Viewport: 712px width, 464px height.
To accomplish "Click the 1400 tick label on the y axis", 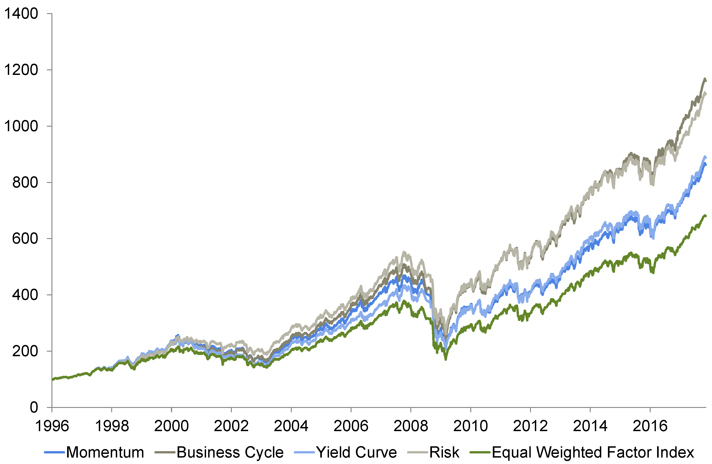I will tap(21, 14).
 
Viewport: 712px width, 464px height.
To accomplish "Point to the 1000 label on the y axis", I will tap(21, 126).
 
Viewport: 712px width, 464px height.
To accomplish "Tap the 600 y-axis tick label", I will tap(25, 239).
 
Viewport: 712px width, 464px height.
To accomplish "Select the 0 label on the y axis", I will tap(34, 407).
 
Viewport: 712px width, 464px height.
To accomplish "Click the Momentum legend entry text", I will tap(105, 452).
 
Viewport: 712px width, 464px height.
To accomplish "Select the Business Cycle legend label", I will tap(230, 452).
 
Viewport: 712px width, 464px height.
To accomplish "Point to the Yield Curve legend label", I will tap(357, 452).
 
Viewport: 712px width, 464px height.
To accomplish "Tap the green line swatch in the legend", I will tap(480, 452).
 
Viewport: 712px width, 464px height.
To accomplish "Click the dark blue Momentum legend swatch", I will tap(54, 452).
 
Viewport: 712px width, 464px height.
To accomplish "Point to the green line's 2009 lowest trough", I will tap(445, 359).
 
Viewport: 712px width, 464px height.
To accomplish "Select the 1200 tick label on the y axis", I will tap(21, 70).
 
